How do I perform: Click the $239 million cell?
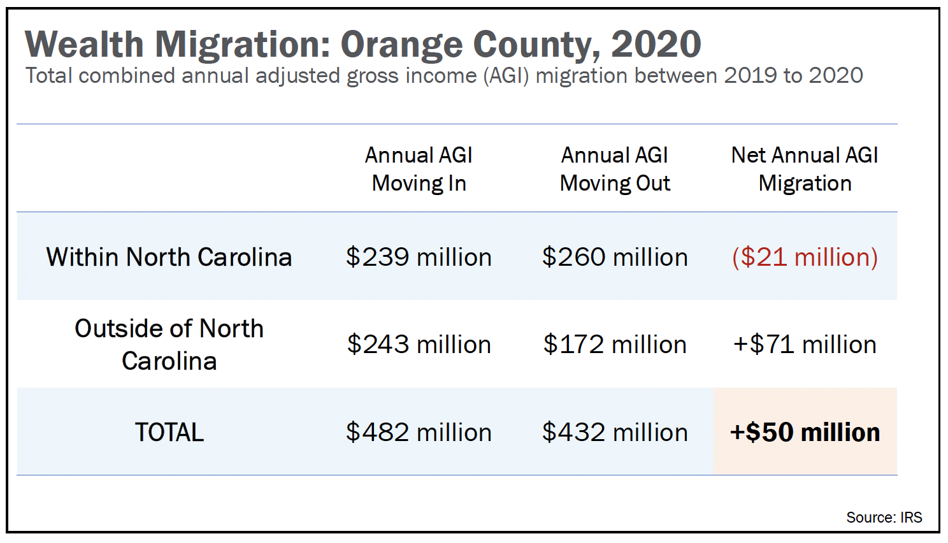coord(419,257)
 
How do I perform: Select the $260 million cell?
coord(615,257)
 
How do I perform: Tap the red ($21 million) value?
coord(805,257)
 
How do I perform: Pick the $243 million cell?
coord(419,344)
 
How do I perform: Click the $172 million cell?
coord(615,344)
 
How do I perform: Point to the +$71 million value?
coord(805,344)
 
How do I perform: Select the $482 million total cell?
coord(419,432)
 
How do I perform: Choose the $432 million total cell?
coord(615,432)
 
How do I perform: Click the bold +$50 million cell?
coord(805,432)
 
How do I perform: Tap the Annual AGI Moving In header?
coord(419,169)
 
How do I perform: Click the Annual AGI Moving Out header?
coord(615,169)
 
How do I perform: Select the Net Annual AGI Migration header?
coord(805,169)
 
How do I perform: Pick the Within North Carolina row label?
coord(169,257)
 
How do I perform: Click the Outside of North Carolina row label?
coord(169,344)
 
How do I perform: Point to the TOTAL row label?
coord(169,432)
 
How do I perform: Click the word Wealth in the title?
coord(84,45)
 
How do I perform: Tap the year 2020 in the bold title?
coord(656,45)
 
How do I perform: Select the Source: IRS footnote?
coord(884,517)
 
